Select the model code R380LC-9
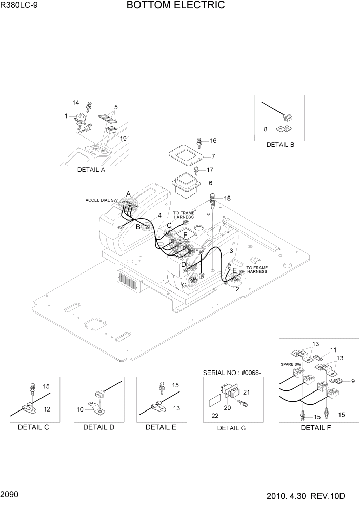[x=19, y=6]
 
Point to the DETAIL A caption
[x=91, y=170]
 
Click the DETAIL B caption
[x=280, y=145]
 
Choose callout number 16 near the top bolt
[x=213, y=141]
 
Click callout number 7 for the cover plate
[x=213, y=156]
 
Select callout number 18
[x=227, y=198]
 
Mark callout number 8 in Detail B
[x=266, y=129]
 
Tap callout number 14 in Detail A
[x=76, y=103]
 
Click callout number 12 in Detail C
[x=47, y=409]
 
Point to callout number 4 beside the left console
[x=159, y=216]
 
